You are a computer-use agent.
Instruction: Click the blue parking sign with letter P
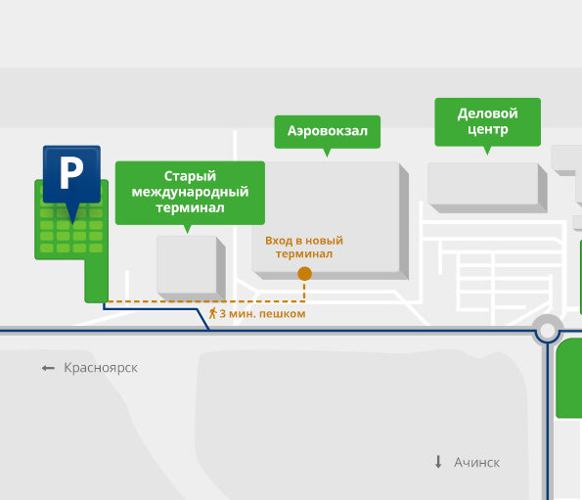pyautogui.click(x=71, y=174)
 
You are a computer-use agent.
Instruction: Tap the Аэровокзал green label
pyautogui.click(x=328, y=132)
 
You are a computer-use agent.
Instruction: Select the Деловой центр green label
pyautogui.click(x=488, y=122)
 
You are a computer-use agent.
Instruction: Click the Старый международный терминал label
pyautogui.click(x=190, y=193)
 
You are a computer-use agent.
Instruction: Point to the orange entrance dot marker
pyautogui.click(x=305, y=274)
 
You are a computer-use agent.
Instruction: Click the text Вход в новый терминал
pyautogui.click(x=304, y=248)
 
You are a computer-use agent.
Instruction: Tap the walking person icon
pyautogui.click(x=212, y=314)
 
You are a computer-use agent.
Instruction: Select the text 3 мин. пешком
pyautogui.click(x=262, y=314)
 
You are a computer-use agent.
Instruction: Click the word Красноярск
pyautogui.click(x=101, y=368)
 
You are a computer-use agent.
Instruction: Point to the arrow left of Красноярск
pyautogui.click(x=48, y=368)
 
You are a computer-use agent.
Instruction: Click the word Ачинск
pyautogui.click(x=477, y=463)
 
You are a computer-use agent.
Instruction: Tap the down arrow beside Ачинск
pyautogui.click(x=438, y=462)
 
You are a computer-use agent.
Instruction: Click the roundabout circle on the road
pyautogui.click(x=547, y=330)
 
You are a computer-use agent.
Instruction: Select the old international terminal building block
pyautogui.click(x=191, y=268)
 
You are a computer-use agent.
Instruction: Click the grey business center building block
pyautogui.click(x=487, y=188)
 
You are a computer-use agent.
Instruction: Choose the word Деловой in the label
pyautogui.click(x=488, y=114)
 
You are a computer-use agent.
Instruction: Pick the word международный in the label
pyautogui.click(x=190, y=193)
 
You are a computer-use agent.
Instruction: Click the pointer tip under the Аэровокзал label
pyautogui.click(x=327, y=157)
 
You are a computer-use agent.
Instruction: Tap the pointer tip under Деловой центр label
pyautogui.click(x=488, y=155)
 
